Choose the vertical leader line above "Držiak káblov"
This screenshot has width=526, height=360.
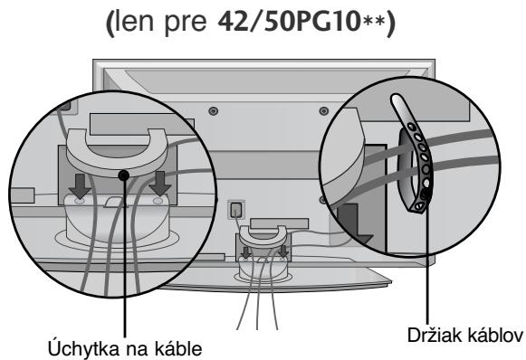[x=425, y=271]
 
